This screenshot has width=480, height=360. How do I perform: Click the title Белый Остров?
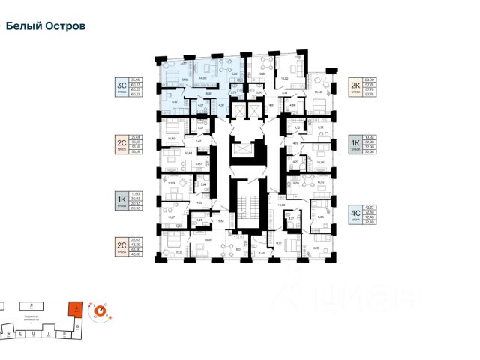(45, 25)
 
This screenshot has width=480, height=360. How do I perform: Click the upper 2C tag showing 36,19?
(121, 142)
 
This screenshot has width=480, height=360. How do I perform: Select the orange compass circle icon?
(99, 309)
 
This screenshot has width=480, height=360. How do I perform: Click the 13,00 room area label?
(318, 91)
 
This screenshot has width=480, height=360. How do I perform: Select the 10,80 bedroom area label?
(171, 139)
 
